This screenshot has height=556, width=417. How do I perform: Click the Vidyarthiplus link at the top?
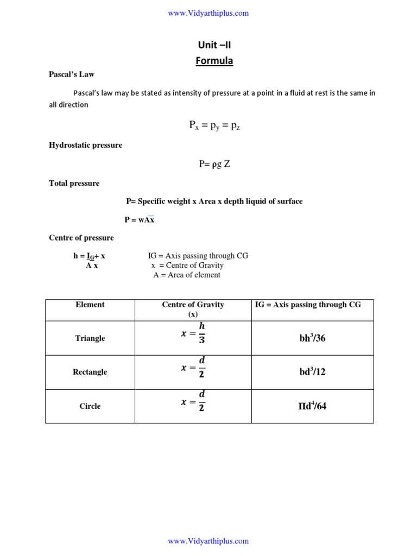point(208,13)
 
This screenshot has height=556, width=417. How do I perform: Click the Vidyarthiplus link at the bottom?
point(208,541)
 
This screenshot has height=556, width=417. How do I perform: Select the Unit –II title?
point(214,45)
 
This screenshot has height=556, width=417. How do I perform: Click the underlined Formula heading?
point(214,61)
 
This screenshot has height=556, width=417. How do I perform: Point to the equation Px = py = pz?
point(214,125)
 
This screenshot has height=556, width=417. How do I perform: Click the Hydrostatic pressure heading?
point(85,145)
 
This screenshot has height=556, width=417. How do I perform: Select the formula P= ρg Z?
point(214,163)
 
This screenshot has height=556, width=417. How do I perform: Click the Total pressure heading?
point(74,184)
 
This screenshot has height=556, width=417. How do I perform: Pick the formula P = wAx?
point(140,220)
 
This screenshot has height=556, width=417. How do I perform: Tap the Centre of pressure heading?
point(81,238)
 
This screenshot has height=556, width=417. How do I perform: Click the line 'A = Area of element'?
point(187,275)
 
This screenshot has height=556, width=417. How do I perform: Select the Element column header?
point(90,305)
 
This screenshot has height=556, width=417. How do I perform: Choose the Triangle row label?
point(90,338)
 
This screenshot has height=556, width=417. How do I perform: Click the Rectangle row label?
point(90,372)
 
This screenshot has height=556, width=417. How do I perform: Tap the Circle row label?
point(90,406)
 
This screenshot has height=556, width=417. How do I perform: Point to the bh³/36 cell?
point(312,338)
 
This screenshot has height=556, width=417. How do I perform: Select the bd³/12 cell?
point(312,372)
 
